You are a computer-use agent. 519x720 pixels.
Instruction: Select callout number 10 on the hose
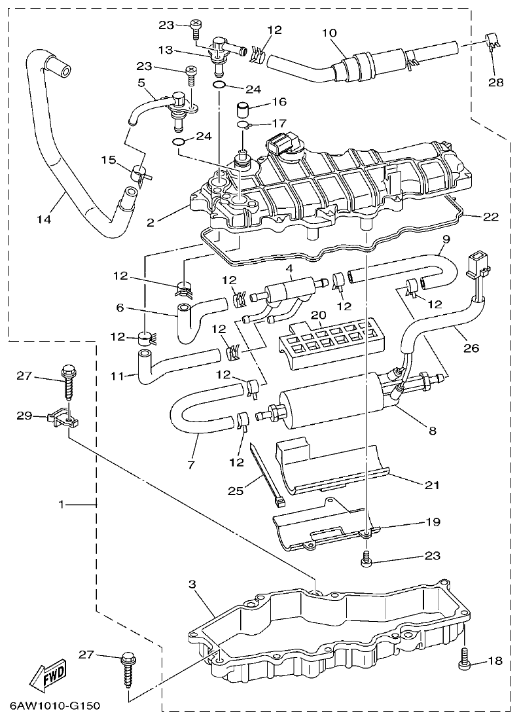click(329, 33)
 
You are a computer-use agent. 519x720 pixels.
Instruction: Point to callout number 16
click(279, 102)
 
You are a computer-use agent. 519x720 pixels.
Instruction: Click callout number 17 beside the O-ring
click(279, 122)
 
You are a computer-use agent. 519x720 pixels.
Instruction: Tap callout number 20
click(319, 315)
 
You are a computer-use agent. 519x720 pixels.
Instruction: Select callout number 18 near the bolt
click(495, 662)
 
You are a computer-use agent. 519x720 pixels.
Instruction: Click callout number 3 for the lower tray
click(192, 583)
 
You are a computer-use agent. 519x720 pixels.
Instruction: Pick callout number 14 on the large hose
click(43, 220)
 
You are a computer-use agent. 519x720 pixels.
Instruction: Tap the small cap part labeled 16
click(244, 108)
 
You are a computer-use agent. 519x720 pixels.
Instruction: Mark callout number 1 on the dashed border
click(62, 505)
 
